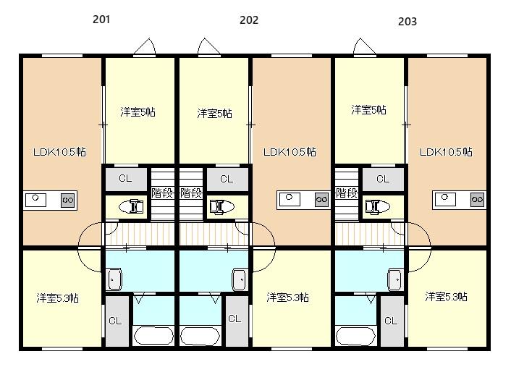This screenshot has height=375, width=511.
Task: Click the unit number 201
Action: coord(101,20)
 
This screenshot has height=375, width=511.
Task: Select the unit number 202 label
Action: coord(249,20)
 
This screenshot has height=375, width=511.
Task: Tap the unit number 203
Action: coord(407,22)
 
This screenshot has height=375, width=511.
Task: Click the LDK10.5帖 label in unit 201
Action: coord(59,152)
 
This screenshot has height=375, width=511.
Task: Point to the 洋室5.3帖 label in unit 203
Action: coord(446,296)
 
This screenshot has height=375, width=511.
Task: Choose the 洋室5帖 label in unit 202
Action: coord(214,113)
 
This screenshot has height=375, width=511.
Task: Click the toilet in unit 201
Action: coord(131,206)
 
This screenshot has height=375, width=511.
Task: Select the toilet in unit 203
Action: coord(378,206)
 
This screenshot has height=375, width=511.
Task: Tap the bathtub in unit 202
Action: coord(200,336)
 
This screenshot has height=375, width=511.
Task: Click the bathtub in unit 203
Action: coord(356,336)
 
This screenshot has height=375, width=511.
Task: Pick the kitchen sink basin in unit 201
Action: coord(35,200)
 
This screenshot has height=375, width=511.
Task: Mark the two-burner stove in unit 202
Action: coord(321,200)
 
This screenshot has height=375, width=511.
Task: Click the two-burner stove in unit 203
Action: coord(478,200)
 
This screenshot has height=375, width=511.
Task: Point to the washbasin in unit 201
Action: coord(114,279)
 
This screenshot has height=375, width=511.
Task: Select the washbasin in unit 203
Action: coord(395,279)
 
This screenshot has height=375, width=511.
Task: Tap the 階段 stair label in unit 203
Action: coord(347,193)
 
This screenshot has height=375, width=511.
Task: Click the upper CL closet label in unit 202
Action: coord(227,179)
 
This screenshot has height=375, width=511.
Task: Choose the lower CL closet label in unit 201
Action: coord(115,321)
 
